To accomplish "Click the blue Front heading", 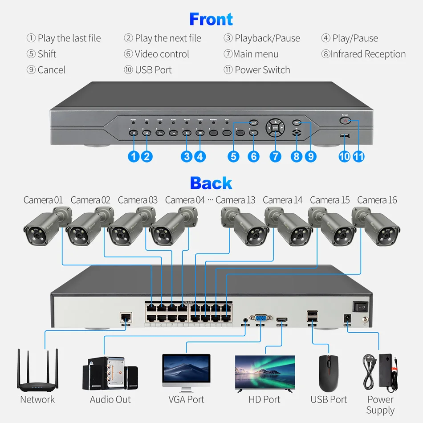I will (x=211, y=19).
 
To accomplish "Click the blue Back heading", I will (x=211, y=183).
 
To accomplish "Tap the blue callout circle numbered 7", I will (x=276, y=156).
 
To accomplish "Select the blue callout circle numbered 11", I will (x=358, y=156).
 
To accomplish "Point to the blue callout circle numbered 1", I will (x=133, y=156).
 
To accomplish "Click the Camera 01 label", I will (x=43, y=200).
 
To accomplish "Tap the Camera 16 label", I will (x=377, y=200).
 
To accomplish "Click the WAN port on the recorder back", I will (x=126, y=317).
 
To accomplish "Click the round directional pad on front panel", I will (x=275, y=127).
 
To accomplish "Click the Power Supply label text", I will (x=380, y=405).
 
